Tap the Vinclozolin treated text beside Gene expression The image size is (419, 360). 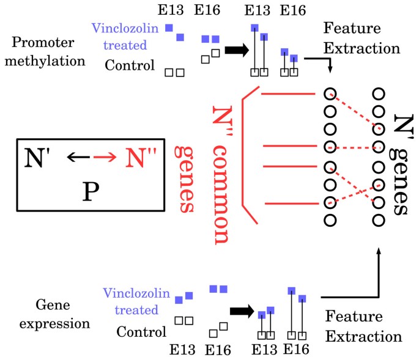tap(131, 301)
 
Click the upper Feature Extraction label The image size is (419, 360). tap(361, 38)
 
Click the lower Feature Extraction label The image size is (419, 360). tap(363, 326)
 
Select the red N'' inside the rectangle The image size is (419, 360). tap(142, 158)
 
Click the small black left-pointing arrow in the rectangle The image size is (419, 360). tap(79, 158)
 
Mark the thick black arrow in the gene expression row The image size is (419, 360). tap(242, 310)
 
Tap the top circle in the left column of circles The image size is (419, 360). tap(330, 94)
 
